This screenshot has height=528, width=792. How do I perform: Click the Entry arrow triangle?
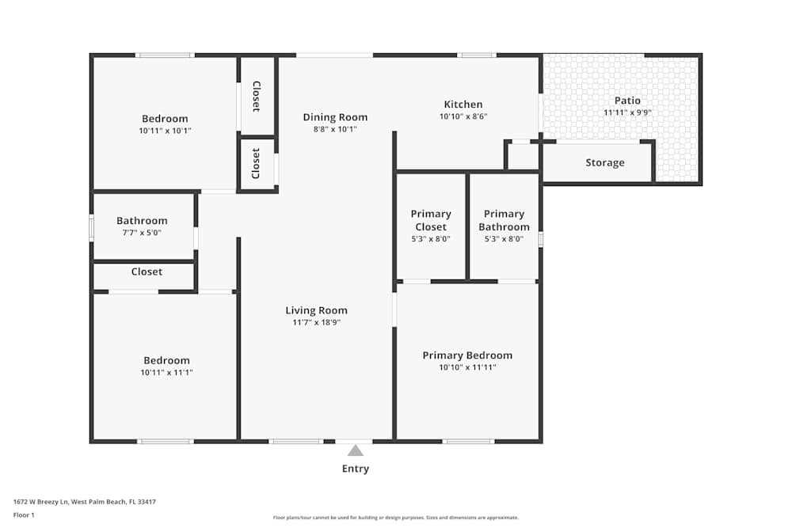(x=356, y=450)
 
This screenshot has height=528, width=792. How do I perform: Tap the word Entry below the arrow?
(x=356, y=469)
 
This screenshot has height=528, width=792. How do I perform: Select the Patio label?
(x=627, y=101)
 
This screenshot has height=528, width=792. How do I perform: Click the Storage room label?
(x=605, y=162)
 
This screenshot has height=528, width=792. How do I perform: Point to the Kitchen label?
(x=463, y=104)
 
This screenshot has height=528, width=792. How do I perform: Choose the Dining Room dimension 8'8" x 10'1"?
(x=335, y=129)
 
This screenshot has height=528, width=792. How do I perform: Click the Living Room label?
(x=316, y=310)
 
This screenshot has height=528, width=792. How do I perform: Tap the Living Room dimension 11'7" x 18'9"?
(x=316, y=322)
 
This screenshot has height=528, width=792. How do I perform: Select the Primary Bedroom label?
(x=467, y=355)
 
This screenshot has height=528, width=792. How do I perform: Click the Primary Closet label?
(x=431, y=220)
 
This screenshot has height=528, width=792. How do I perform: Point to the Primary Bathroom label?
(x=504, y=220)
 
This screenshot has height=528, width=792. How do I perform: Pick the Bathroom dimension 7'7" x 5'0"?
(x=142, y=233)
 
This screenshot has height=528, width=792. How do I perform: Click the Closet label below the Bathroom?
(x=147, y=272)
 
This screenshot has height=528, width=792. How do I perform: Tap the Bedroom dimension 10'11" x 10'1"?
(x=165, y=131)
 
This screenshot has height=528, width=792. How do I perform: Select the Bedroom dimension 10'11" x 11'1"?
(x=166, y=372)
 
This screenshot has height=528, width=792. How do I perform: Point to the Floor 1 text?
(x=24, y=515)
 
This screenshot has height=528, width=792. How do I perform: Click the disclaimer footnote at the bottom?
(x=395, y=517)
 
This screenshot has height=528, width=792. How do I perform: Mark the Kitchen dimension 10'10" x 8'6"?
(x=463, y=116)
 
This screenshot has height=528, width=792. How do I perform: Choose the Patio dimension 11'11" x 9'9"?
(x=627, y=112)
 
